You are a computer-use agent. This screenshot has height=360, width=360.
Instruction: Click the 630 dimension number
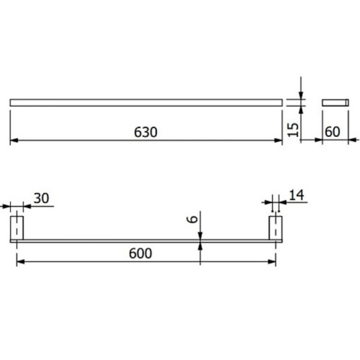(146, 132)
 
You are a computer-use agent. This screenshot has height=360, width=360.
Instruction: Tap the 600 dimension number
(140, 253)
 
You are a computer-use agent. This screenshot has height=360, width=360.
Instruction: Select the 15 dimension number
(293, 130)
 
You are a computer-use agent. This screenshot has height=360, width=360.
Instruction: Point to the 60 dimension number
(332, 132)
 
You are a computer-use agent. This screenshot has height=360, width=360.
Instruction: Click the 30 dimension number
(41, 198)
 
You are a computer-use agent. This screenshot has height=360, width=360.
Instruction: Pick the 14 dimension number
(296, 195)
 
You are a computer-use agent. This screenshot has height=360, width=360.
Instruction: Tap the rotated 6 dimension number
(193, 219)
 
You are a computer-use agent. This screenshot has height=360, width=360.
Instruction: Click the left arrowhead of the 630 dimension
(14, 140)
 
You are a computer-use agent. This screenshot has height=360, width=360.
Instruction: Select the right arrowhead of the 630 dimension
(278, 140)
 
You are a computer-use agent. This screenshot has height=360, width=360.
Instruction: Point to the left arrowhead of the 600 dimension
(20, 262)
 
